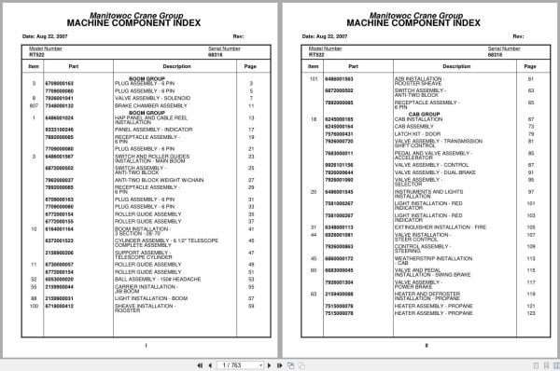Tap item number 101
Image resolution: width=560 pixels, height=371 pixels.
(x=314, y=78)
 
